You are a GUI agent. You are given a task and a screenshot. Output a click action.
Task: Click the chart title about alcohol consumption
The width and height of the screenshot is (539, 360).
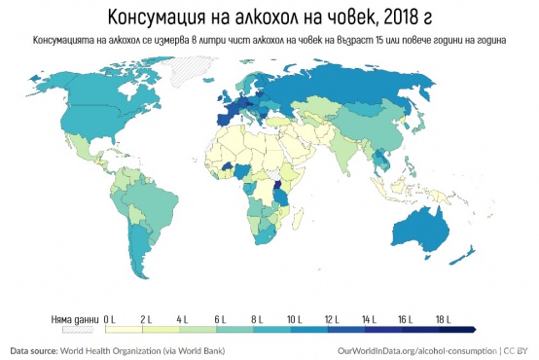(269, 18)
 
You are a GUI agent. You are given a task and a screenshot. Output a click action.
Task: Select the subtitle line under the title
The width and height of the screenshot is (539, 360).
(269, 41)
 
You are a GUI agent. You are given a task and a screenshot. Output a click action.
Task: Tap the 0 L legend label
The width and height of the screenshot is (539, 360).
(110, 318)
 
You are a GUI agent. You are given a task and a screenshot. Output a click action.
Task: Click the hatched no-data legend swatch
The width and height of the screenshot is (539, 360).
(76, 330)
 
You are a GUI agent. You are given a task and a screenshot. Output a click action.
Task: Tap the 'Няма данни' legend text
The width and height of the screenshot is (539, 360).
(74, 318)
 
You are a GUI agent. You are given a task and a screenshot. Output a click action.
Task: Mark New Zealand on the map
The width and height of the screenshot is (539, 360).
(471, 255)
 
